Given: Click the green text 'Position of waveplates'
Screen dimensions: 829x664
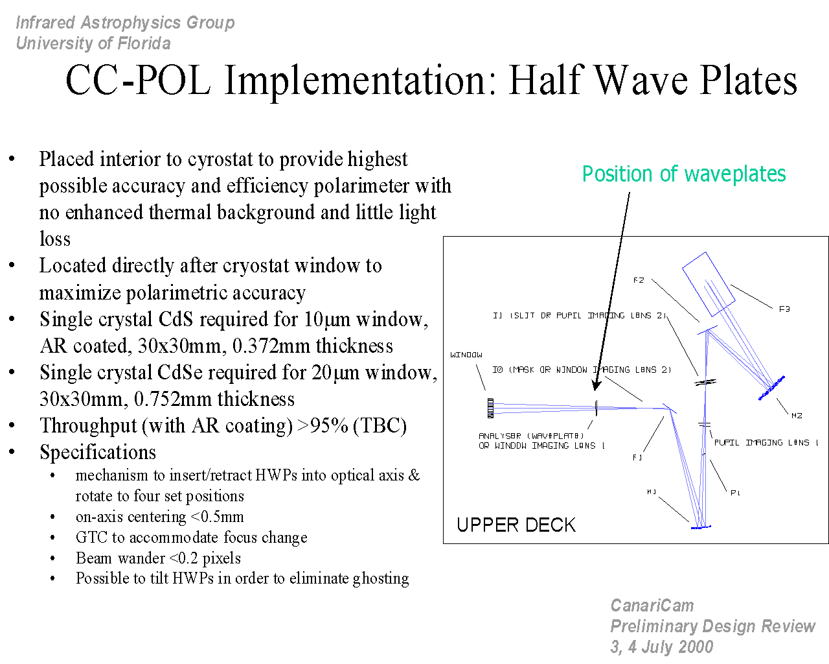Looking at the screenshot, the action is point(684,174).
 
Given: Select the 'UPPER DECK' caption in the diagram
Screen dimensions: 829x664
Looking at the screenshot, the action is point(516,525).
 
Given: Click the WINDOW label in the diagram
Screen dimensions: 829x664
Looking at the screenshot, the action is point(466,355).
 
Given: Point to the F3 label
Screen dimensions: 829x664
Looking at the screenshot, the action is point(784,309).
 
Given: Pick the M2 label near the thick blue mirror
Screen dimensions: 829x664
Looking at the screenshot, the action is point(797,416).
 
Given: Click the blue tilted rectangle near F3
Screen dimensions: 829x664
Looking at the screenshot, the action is point(709,285).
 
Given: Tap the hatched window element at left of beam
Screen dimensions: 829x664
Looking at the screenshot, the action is point(490,409).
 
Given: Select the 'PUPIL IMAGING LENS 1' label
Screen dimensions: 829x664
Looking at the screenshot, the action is point(766,442).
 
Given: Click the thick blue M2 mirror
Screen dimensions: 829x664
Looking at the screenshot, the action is point(771,388).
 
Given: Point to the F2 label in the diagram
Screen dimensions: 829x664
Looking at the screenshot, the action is point(639,280).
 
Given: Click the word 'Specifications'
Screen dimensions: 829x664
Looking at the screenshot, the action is point(98,453).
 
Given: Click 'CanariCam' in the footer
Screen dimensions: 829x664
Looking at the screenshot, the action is point(652,606).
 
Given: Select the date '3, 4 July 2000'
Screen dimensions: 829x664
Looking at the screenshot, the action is point(661,646).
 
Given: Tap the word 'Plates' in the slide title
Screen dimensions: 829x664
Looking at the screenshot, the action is point(749,80).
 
